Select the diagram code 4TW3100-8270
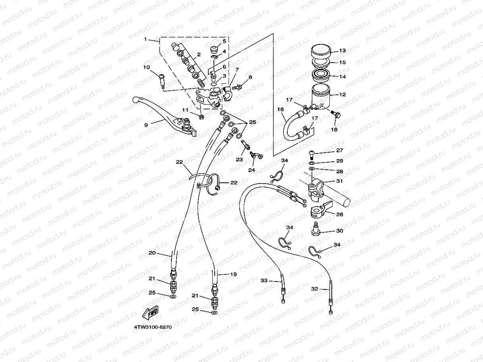(x=153, y=327)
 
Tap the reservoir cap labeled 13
(x=321, y=52)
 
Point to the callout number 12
(x=343, y=94)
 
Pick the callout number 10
(x=146, y=67)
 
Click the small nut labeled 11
(x=201, y=117)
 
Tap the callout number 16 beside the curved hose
(x=280, y=109)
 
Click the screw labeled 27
(x=311, y=155)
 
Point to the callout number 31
(x=340, y=181)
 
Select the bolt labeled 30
(x=316, y=230)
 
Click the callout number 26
(x=340, y=214)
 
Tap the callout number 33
(x=264, y=280)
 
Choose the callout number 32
(x=314, y=289)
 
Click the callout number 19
(x=233, y=274)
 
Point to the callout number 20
(x=152, y=253)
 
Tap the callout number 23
(x=239, y=159)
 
